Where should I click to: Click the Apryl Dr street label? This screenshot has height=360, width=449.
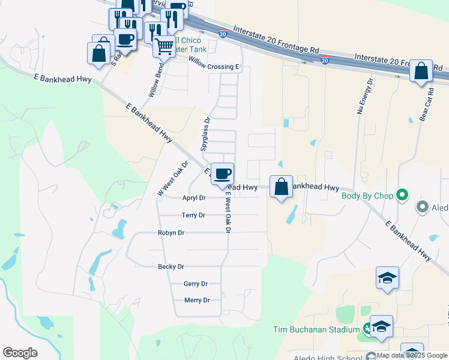pyautogui.click(x=193, y=197)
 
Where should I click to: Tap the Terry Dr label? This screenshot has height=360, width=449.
pyautogui.click(x=193, y=215)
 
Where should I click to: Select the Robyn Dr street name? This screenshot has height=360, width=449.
pyautogui.click(x=171, y=233)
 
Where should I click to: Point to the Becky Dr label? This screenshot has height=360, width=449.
pyautogui.click(x=171, y=266)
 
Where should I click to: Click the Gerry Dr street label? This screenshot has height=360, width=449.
pyautogui.click(x=196, y=284)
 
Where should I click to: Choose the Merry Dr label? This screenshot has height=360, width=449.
pyautogui.click(x=197, y=301)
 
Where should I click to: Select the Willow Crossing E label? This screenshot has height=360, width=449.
pyautogui.click(x=214, y=62)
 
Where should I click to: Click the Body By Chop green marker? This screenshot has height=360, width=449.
pyautogui.click(x=402, y=195)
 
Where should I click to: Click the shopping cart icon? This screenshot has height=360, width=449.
pyautogui.click(x=164, y=45)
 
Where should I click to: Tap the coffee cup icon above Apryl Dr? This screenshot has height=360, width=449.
pyautogui.click(x=223, y=173)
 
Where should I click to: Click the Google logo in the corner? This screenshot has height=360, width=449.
pyautogui.click(x=20, y=353)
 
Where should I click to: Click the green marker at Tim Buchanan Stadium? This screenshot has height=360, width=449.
pyautogui.click(x=367, y=329)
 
